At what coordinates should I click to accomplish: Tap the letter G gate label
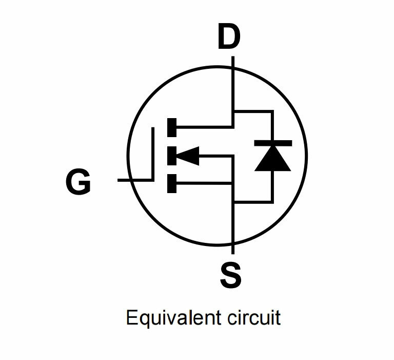click(78, 182)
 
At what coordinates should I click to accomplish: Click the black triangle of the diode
click(272, 160)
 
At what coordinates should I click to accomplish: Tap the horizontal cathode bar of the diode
click(272, 143)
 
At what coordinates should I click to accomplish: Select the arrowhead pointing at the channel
click(188, 155)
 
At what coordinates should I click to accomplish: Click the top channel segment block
click(172, 126)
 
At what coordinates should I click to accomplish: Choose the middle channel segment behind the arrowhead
click(171, 155)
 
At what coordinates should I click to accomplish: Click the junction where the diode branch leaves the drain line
click(233, 111)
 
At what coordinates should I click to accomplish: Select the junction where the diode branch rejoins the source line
click(233, 202)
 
